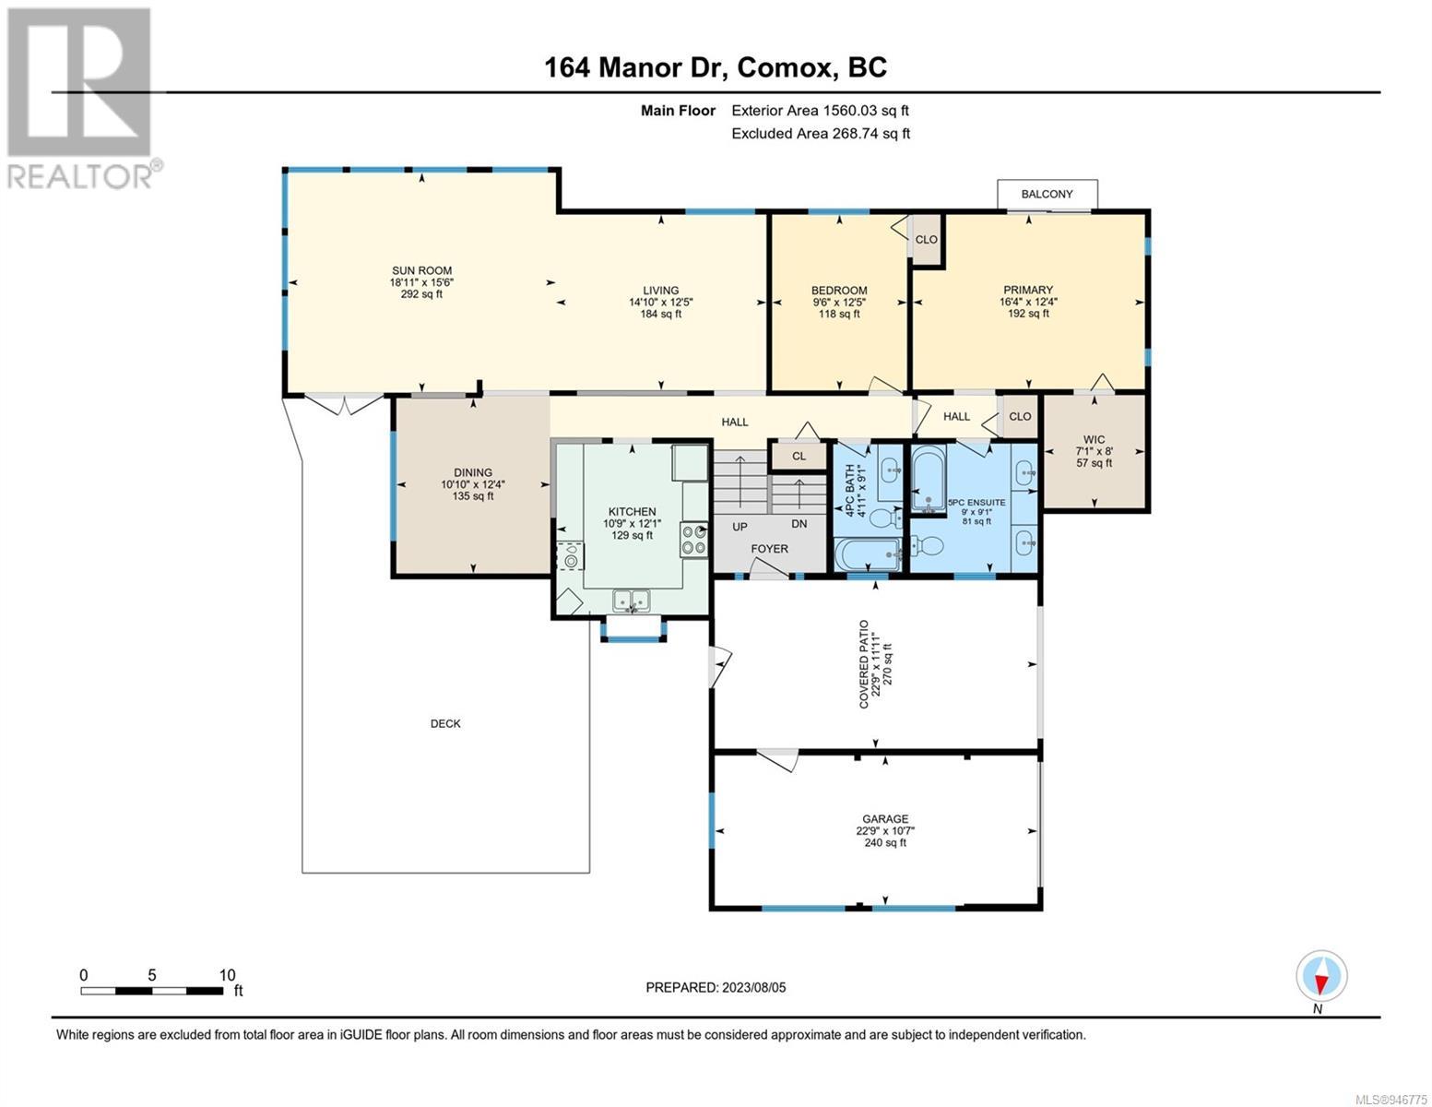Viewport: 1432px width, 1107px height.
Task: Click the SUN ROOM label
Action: pyautogui.click(x=421, y=270)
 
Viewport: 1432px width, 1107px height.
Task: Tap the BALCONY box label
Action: pyautogui.click(x=1047, y=194)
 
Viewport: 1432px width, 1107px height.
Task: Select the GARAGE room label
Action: pyautogui.click(x=885, y=819)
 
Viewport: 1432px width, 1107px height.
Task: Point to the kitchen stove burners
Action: pyautogui.click(x=694, y=539)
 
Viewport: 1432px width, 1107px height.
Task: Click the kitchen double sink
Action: pyautogui.click(x=632, y=601)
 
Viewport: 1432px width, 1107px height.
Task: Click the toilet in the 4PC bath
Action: pyautogui.click(x=884, y=518)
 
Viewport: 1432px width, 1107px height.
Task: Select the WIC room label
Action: pyautogui.click(x=1094, y=439)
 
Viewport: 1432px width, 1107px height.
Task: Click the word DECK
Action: pyautogui.click(x=445, y=723)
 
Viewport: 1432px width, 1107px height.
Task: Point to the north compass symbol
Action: pyautogui.click(x=1321, y=976)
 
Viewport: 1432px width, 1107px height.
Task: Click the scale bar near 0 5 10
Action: pyautogui.click(x=151, y=991)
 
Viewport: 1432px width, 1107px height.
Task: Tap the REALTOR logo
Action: pyautogui.click(x=82, y=99)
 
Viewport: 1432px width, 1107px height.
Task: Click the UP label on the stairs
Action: pyautogui.click(x=740, y=528)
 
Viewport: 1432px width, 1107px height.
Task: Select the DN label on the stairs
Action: pyautogui.click(x=799, y=524)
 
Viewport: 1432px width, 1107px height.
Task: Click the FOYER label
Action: pyautogui.click(x=769, y=549)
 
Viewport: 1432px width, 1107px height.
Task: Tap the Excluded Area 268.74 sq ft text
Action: pyautogui.click(x=821, y=133)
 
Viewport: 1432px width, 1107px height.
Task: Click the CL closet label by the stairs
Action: pyautogui.click(x=799, y=456)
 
